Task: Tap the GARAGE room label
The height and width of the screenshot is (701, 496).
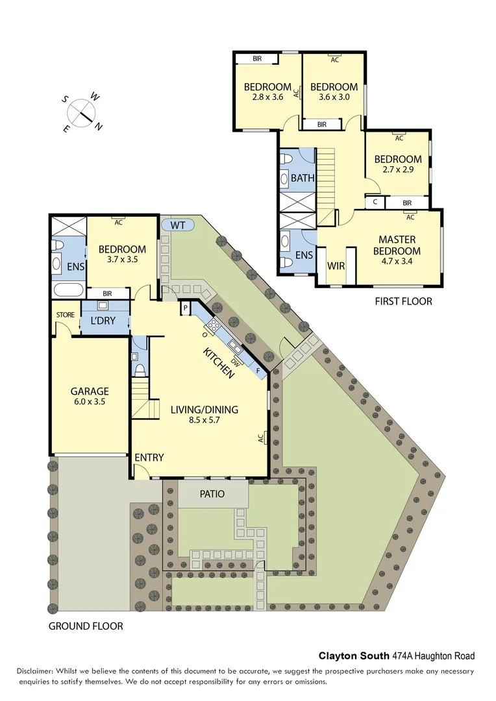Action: [x=90, y=391]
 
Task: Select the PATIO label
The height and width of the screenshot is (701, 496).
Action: [x=212, y=494]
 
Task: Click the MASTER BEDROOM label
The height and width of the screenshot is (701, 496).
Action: [x=400, y=245]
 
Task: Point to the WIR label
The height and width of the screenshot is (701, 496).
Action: [x=336, y=265]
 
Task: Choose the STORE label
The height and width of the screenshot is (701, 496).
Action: [x=65, y=315]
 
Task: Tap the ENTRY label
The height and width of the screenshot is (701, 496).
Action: [x=149, y=458]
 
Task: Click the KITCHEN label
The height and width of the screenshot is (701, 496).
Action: [x=219, y=362]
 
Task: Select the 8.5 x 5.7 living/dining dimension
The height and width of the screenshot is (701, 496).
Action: [x=205, y=421]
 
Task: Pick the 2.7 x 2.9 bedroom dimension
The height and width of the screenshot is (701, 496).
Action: [x=398, y=170]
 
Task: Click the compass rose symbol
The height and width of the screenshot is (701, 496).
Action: [x=82, y=112]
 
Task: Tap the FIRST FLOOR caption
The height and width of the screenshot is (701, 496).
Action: [x=403, y=301]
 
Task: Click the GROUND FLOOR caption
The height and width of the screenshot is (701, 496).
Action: [x=86, y=626]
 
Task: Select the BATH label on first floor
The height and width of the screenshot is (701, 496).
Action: [x=303, y=178]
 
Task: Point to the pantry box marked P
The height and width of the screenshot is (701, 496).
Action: [x=185, y=307]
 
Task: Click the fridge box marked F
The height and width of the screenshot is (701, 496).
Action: [x=259, y=371]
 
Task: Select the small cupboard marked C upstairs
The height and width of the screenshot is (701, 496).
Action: [x=375, y=203]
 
